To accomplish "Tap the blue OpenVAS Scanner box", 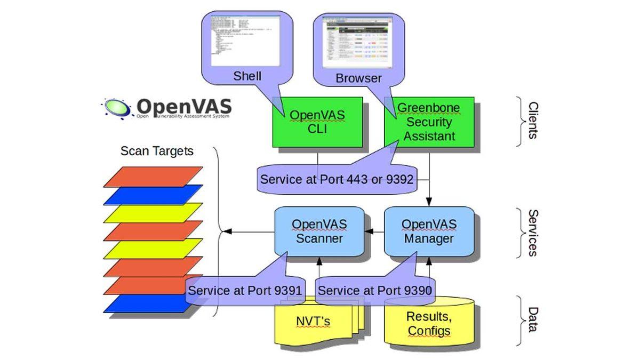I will pyautogui.click(x=319, y=231).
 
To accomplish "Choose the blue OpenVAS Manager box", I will pyautogui.click(x=429, y=231).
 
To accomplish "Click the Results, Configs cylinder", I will pyautogui.click(x=429, y=323).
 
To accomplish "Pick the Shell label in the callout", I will pyautogui.click(x=247, y=76).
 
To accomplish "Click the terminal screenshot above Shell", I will pyautogui.click(x=245, y=41).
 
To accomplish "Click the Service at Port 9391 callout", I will pyautogui.click(x=245, y=291).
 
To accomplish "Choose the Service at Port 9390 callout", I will pyautogui.click(x=374, y=291).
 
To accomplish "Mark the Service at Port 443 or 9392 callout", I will pyautogui.click(x=337, y=179).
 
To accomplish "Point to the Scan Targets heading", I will pyautogui.click(x=157, y=151).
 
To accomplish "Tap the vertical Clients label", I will pyautogui.click(x=532, y=121).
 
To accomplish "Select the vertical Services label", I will pyautogui.click(x=532, y=233).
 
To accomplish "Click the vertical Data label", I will pyautogui.click(x=532, y=319).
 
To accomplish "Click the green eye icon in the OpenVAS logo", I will pyautogui.click(x=117, y=107).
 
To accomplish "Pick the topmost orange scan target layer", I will pyautogui.click(x=154, y=177).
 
